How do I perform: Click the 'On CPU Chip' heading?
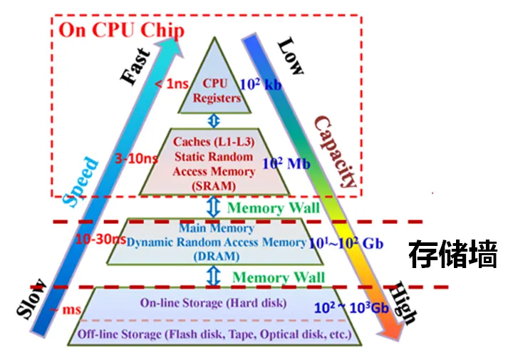pos(122,31)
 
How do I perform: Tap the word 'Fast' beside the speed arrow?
pos(135,67)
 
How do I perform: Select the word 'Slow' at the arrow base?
pos(32,299)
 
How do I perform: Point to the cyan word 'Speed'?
pos(81,182)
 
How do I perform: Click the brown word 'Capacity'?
pos(336,152)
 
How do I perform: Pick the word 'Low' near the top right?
pos(291,56)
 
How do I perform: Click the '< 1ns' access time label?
pos(172,84)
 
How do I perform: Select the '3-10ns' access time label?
pos(136,158)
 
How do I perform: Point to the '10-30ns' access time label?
pos(100,240)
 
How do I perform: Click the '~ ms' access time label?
pos(65,309)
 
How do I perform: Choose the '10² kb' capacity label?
pos(261,84)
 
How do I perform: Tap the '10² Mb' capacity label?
pos(286,163)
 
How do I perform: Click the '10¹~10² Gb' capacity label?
pos(346,243)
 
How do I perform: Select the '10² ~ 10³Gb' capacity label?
pos(351,307)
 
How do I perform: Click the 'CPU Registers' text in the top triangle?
pos(216,91)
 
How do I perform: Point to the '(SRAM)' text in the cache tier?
pos(214,186)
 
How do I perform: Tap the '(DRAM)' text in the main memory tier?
pos(217,257)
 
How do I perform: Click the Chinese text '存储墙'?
pos(452,254)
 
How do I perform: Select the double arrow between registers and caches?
pos(214,121)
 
